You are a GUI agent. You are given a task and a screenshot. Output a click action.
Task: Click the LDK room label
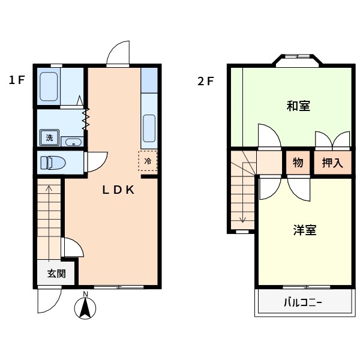pyautogui.click(x=117, y=190)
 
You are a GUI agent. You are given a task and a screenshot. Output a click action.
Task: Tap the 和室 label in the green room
pyautogui.click(x=298, y=106)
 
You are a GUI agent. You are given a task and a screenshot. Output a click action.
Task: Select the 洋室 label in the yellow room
pyautogui.click(x=305, y=230)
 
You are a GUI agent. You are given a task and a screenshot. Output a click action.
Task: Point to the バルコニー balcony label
pyautogui.click(x=303, y=303)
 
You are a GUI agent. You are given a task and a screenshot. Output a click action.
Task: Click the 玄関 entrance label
pyautogui.click(x=56, y=274)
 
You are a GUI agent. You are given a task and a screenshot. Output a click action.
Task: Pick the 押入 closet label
pyautogui.click(x=332, y=162)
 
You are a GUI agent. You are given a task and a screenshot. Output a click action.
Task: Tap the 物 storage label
pyautogui.click(x=298, y=162)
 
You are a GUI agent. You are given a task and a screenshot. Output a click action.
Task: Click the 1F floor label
pyautogui.click(x=16, y=80)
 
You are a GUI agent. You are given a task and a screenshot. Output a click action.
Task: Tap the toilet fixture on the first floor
pyautogui.click(x=53, y=162)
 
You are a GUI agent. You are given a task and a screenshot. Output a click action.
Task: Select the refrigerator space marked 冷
pyautogui.click(x=148, y=161)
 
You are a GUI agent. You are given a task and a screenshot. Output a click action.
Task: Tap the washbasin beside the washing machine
pyautogui.click(x=72, y=142)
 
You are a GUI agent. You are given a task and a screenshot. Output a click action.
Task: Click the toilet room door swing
pyautogui.click(x=96, y=161)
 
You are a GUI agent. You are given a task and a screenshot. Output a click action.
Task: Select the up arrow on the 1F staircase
pyautogui.click(x=49, y=192)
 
